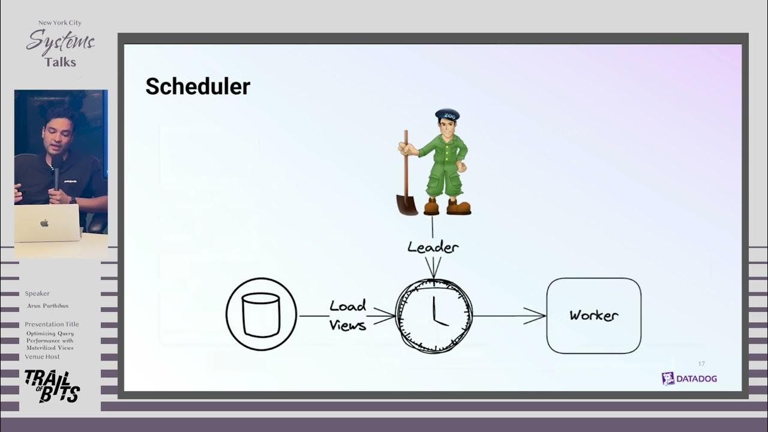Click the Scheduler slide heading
[197, 86]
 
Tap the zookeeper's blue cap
[447, 114]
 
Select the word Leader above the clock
[433, 247]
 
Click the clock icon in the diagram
[434, 316]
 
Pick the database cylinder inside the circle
[261, 315]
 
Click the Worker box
[593, 316]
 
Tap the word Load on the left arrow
[347, 306]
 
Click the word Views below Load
[347, 325]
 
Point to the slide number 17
[701, 364]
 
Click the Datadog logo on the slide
[689, 379]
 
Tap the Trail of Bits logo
[52, 386]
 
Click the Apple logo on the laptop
[44, 223]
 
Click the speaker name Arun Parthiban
[47, 306]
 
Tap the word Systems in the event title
[61, 43]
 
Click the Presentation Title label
[52, 324]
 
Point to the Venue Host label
[42, 356]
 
